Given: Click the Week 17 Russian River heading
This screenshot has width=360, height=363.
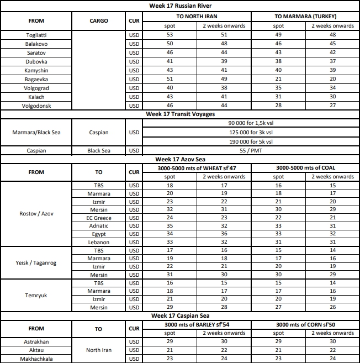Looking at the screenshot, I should tap(180, 6).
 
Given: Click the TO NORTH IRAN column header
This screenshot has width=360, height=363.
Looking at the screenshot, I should tap(197, 17).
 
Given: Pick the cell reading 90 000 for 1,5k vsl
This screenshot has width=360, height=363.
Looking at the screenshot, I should tap(251, 123).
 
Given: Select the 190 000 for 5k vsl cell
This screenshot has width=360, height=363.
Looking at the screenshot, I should tap(251, 141).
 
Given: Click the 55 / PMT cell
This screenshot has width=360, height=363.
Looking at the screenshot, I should tap(251, 150).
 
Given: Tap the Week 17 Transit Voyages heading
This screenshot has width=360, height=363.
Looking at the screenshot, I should tap(180, 114).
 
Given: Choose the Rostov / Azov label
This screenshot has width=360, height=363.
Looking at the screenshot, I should tap(36, 213).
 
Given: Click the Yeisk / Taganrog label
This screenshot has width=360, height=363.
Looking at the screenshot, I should tap(36, 262).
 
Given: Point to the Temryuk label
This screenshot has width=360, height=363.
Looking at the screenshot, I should tap(36, 295).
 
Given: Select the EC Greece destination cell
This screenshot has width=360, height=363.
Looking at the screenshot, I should tap(98, 218).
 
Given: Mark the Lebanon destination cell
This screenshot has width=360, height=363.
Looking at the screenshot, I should tap(98, 242).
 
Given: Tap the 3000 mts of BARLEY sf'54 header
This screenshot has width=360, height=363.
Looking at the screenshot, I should tap(197, 324).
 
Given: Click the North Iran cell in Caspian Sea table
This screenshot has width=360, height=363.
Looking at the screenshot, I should tap(98, 350).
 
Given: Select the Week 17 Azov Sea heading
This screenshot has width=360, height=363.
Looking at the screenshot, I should tap(180, 159).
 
